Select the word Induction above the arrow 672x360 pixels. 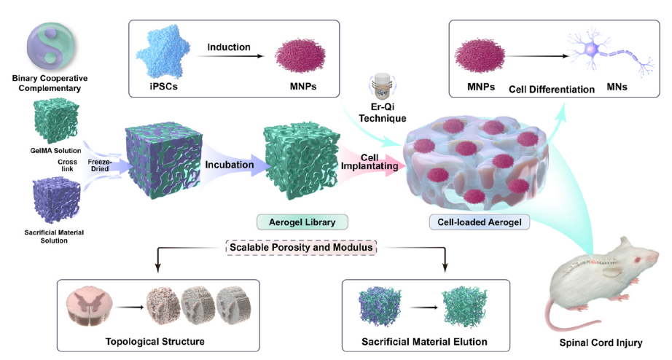pos(228,48)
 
